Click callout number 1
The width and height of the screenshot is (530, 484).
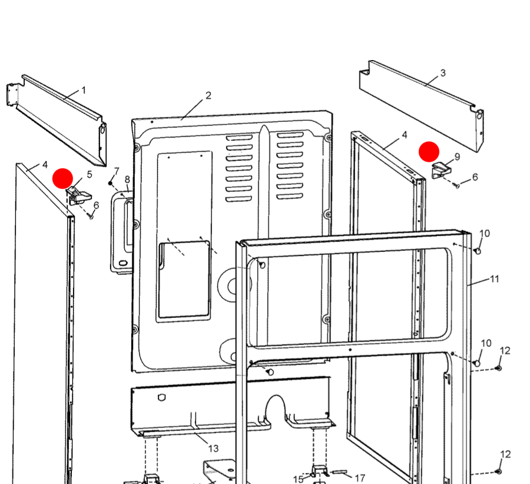click(x=84, y=90)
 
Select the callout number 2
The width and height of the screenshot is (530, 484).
click(x=208, y=95)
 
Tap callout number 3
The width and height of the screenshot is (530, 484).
click(x=443, y=73)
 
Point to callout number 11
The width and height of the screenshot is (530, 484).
click(x=495, y=279)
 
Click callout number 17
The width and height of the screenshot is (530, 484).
click(x=360, y=478)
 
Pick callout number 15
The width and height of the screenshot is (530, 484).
click(x=299, y=479)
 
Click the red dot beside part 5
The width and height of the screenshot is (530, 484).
click(x=63, y=178)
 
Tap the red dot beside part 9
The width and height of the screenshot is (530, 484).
click(x=429, y=151)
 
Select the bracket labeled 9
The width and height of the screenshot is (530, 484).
click(x=440, y=171)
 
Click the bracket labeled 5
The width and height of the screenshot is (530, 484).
click(x=78, y=195)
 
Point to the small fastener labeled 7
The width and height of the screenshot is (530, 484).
click(x=110, y=183)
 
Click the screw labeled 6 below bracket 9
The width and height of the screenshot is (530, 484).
click(x=457, y=185)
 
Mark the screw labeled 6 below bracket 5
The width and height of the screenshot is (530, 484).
click(x=91, y=216)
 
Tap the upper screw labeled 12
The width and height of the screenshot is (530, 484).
click(x=498, y=368)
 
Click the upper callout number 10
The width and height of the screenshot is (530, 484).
click(x=484, y=233)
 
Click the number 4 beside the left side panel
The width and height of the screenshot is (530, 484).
click(x=44, y=165)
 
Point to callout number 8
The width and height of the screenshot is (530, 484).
click(x=127, y=179)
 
